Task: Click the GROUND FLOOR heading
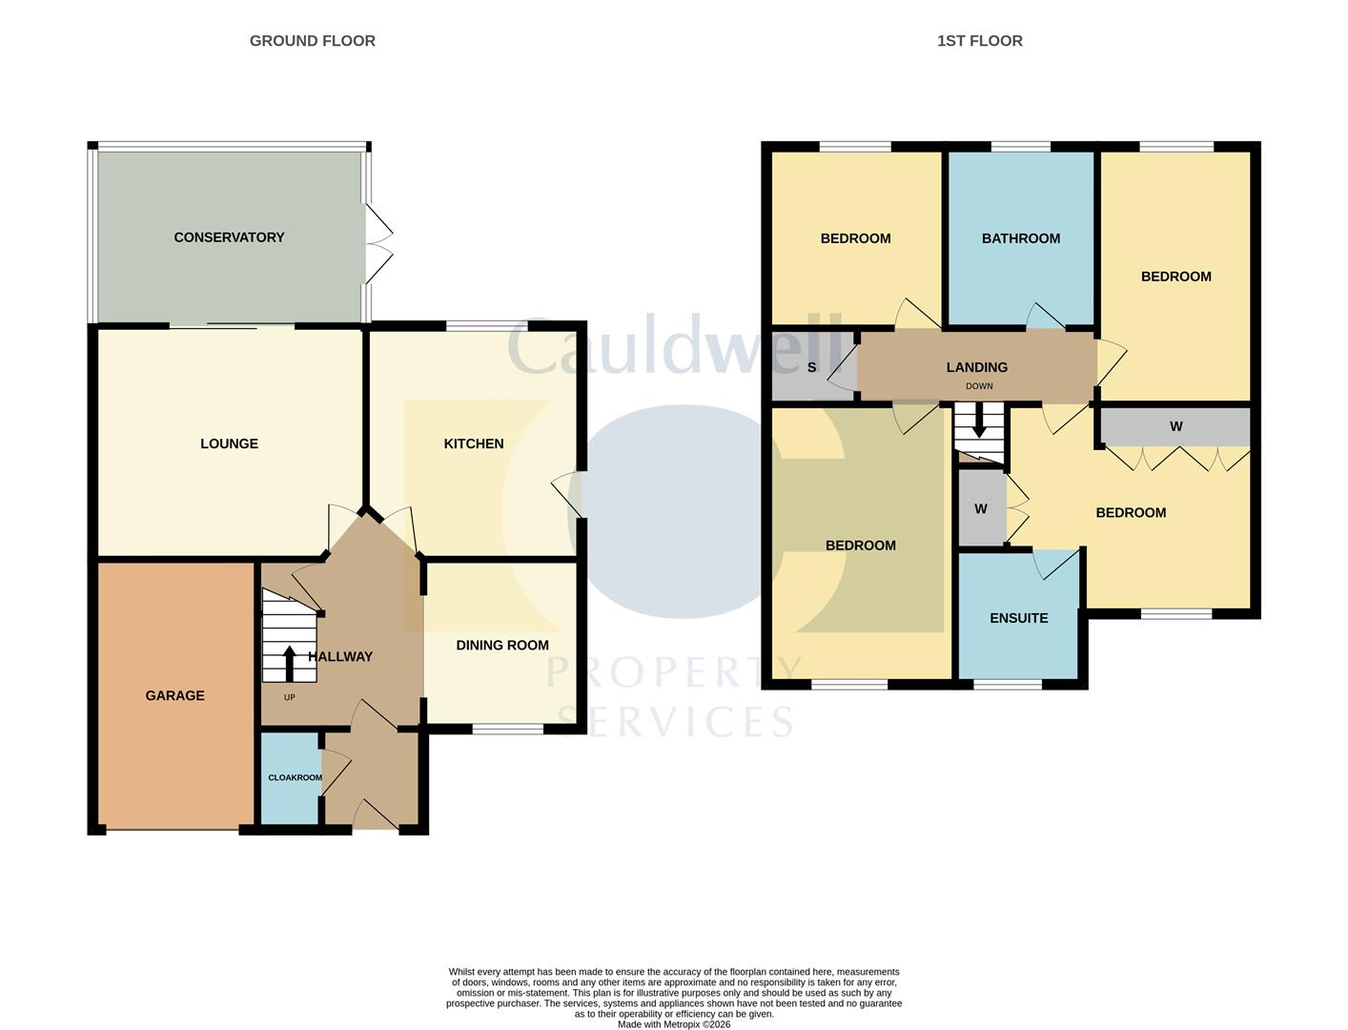[x=312, y=41]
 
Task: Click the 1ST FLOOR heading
[x=979, y=41]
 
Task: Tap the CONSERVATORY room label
[x=229, y=237]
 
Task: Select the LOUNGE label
[x=229, y=443]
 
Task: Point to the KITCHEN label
[x=474, y=443]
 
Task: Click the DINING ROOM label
[x=502, y=646]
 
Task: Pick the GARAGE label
[x=174, y=696]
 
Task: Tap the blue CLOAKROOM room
[x=290, y=777]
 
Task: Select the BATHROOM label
[x=1020, y=238]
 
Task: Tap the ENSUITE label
[x=1018, y=618]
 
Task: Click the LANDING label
[x=976, y=367]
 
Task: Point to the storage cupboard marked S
[x=811, y=367]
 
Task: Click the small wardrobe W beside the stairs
[x=980, y=509]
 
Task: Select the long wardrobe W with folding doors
[x=1175, y=426]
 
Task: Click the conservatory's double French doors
[x=378, y=243]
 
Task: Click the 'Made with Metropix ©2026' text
[x=673, y=1024]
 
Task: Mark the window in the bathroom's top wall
[x=1020, y=147]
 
